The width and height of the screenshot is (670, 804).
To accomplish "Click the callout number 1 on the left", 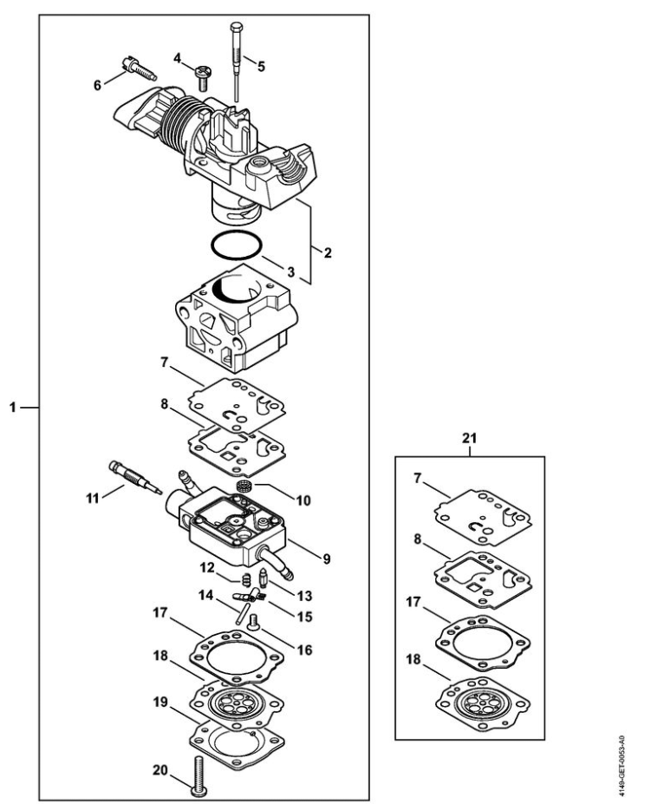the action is pos(13,408).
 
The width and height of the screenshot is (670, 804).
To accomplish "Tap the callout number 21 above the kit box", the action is pos(469,438).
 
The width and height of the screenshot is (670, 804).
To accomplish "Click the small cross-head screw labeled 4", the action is pos(201,78).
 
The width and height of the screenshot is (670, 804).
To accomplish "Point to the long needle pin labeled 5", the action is pos(237,62).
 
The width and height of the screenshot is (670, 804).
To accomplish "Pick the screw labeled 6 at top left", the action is pos(139,69).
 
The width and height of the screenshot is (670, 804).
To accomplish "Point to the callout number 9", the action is pos(326,559).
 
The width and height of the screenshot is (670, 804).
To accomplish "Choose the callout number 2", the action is pos(328,252).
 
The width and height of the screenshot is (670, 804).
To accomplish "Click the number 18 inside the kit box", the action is pos(413,659).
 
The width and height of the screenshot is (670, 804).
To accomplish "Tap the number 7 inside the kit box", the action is pos(418,478).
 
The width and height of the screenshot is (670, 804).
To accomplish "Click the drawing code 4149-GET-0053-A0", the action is pos(621,766).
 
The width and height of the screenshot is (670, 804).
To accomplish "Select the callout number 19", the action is pos(160,701).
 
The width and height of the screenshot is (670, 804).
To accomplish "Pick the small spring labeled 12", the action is pos(246,578).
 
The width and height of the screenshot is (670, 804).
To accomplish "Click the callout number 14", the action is pos(206,595).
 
